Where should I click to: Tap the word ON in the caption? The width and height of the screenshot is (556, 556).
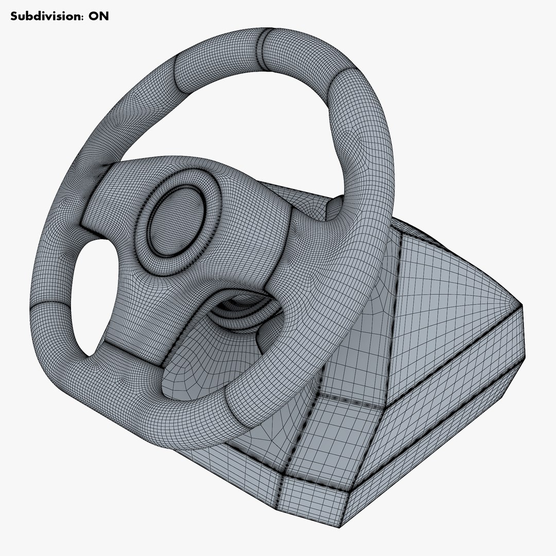[x=99, y=16]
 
